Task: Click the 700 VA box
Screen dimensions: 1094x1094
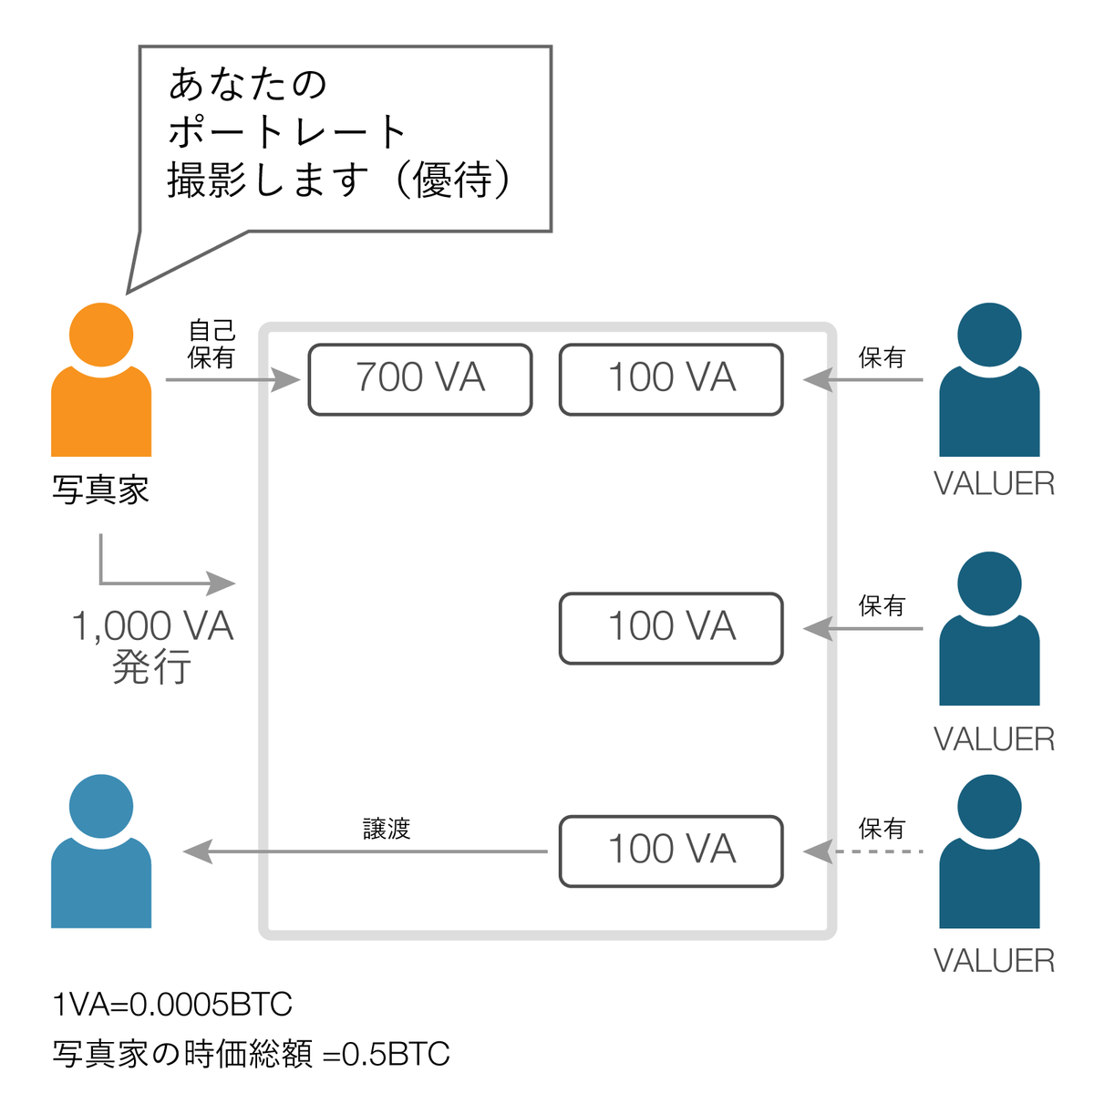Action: tap(419, 379)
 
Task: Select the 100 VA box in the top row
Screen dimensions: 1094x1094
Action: tap(671, 379)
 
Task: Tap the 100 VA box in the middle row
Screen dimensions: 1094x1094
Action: tap(671, 628)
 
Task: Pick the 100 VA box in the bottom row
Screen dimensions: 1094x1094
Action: tap(671, 851)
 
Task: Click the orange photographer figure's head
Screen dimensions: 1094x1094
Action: tap(101, 335)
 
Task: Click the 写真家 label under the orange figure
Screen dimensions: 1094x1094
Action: tap(100, 490)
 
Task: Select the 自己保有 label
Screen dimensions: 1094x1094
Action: tap(212, 344)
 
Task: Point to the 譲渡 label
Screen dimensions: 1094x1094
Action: tap(387, 829)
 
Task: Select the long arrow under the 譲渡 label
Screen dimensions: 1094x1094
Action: tap(365, 851)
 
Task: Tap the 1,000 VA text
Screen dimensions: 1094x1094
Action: tap(152, 626)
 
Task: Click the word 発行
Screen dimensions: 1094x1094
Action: tap(151, 668)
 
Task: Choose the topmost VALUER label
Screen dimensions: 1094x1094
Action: tap(994, 484)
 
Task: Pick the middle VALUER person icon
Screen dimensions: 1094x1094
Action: tap(989, 629)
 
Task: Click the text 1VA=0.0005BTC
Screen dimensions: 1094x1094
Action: tap(172, 1005)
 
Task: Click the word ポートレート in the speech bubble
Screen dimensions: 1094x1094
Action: tap(287, 132)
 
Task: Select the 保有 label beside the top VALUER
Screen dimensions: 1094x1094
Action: tap(882, 357)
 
